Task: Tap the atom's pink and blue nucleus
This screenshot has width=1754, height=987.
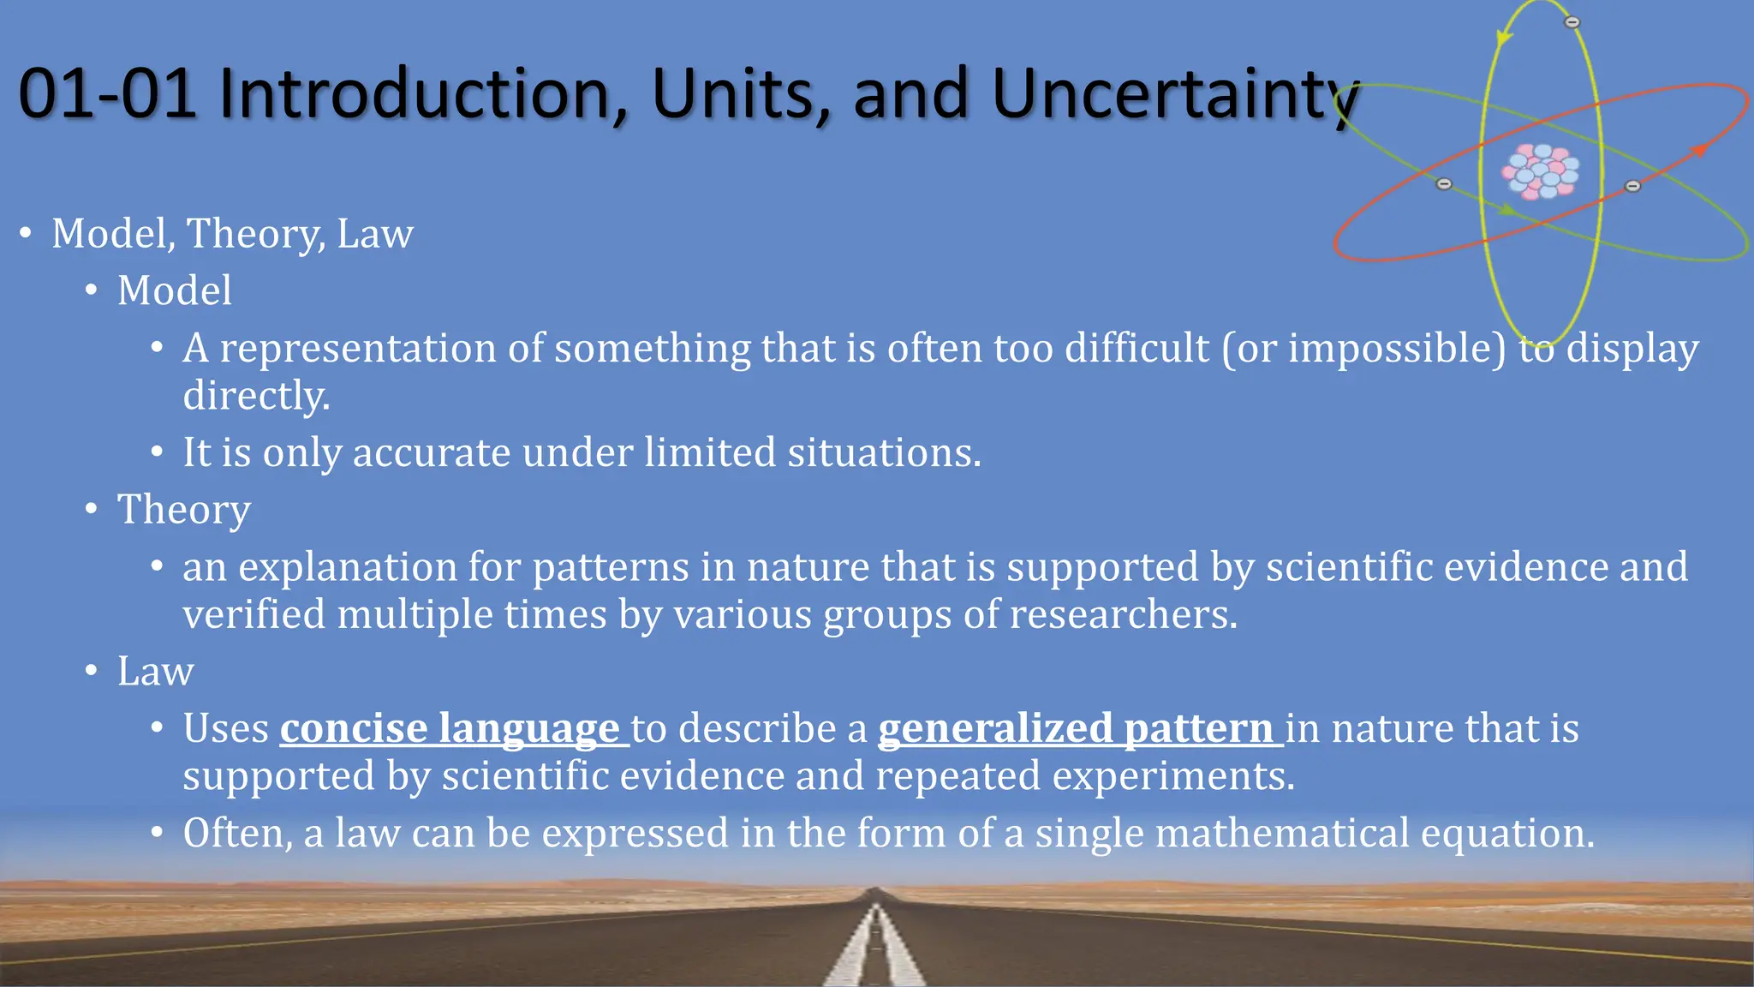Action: point(1541,171)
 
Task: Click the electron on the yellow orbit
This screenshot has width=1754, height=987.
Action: point(1572,22)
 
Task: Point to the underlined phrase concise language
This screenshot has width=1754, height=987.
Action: point(450,728)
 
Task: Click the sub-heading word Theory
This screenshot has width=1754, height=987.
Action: point(183,510)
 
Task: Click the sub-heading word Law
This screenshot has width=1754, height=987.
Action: point(155,671)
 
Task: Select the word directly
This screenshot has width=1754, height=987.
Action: point(256,397)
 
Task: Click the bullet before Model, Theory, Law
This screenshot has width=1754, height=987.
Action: point(27,233)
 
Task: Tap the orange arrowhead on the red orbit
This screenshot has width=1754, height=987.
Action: point(1699,151)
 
